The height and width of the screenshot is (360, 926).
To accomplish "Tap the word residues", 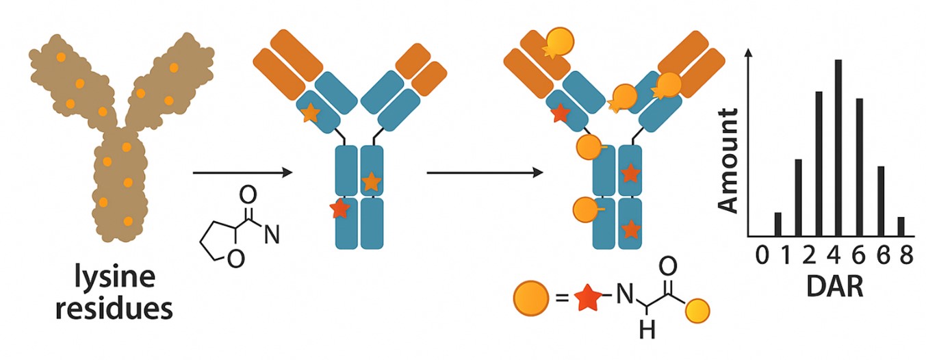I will click(114, 309).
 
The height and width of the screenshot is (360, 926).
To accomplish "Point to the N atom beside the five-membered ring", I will click(272, 235).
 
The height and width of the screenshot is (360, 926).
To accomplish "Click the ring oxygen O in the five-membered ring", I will click(235, 261).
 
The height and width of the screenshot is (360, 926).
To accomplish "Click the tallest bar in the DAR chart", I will click(838, 147).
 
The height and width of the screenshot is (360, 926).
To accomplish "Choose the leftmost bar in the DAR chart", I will click(777, 224).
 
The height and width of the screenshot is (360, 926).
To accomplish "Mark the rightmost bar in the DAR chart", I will click(901, 226).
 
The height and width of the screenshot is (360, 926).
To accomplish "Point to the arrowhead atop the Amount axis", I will click(751, 55).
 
